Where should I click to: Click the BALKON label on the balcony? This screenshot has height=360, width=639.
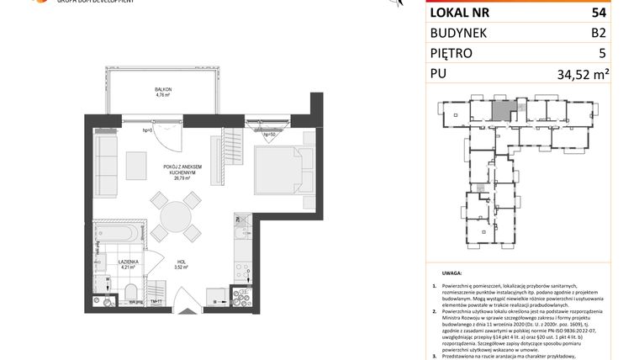pyautogui.click(x=162, y=89)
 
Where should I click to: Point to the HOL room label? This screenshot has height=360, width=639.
pyautogui.click(x=179, y=262)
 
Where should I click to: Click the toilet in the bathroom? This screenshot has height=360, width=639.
pyautogui.click(x=130, y=294)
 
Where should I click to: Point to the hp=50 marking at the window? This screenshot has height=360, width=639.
pyautogui.click(x=269, y=135)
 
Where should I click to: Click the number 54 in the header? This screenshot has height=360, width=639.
pyautogui.click(x=599, y=13)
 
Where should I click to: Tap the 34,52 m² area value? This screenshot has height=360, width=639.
pyautogui.click(x=582, y=74)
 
